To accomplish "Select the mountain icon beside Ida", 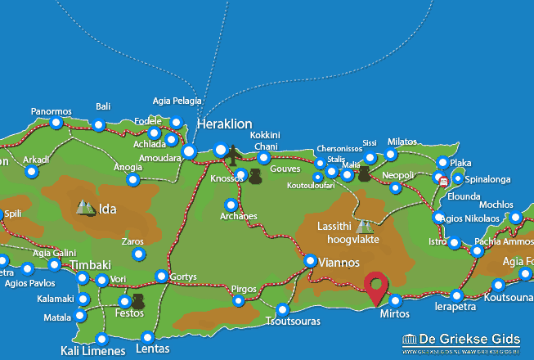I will pyautogui.click(x=85, y=208).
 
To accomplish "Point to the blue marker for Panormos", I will pyautogui.click(x=56, y=124).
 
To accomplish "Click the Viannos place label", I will pyautogui.click(x=334, y=263).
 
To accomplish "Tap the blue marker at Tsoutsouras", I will pyautogui.click(x=283, y=310).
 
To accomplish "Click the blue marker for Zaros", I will pyautogui.click(x=138, y=255).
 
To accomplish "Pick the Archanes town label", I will pyautogui.click(x=239, y=217).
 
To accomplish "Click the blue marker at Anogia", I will pyautogui.click(x=132, y=180).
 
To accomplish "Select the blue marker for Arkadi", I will pyautogui.click(x=32, y=172).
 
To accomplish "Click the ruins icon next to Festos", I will pyautogui.click(x=137, y=302).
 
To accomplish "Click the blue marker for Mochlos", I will pyautogui.click(x=515, y=218).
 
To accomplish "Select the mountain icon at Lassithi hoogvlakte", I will pyautogui.click(x=364, y=226).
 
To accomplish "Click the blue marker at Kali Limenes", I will pyautogui.click(x=101, y=339).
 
